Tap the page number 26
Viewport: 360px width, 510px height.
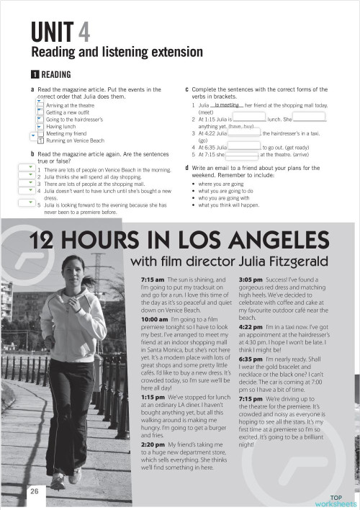click(x=34, y=491)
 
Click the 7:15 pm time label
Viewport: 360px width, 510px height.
click(x=251, y=419)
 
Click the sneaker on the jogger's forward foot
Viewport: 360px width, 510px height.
click(x=75, y=475)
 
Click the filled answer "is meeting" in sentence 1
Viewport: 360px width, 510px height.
click(x=227, y=104)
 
